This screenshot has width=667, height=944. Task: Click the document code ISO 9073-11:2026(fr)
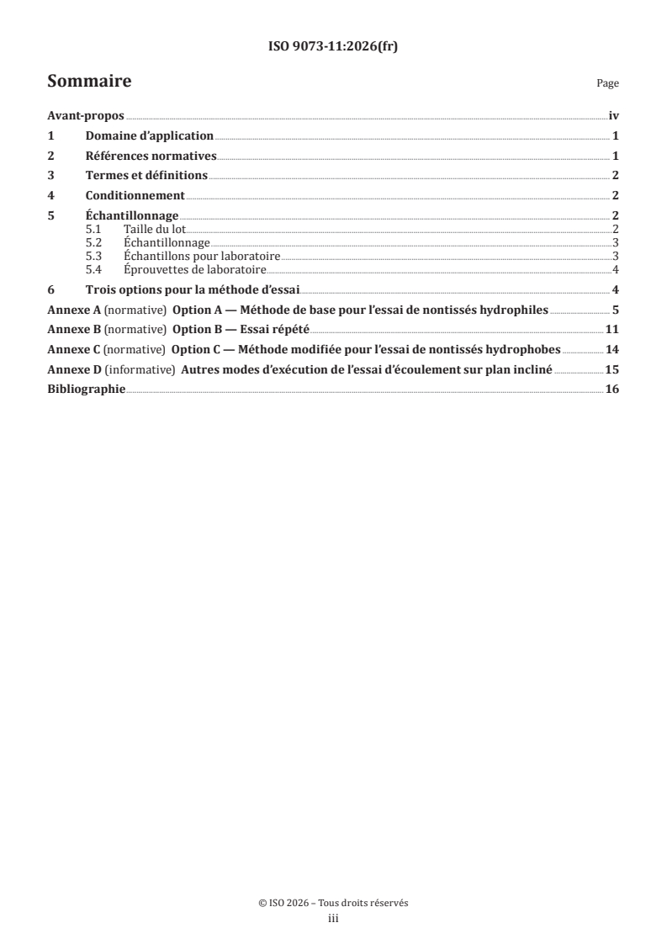pyautogui.click(x=333, y=47)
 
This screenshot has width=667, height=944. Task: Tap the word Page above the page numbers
pyautogui.click(x=607, y=84)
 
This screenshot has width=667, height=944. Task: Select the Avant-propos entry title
pyautogui.click(x=86, y=117)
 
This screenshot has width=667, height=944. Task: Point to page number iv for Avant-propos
pyautogui.click(x=614, y=117)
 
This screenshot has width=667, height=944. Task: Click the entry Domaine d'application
pyautogui.click(x=150, y=136)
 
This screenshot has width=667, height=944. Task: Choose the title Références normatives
pyautogui.click(x=151, y=156)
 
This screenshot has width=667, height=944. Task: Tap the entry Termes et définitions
pyautogui.click(x=146, y=176)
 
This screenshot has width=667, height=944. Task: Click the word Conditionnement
pyautogui.click(x=135, y=195)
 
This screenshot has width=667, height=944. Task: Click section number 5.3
pyautogui.click(x=94, y=256)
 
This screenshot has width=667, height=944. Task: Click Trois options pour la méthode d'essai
pyautogui.click(x=198, y=289)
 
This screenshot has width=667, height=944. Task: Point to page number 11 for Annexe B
pyautogui.click(x=613, y=329)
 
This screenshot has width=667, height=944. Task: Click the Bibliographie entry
pyautogui.click(x=87, y=390)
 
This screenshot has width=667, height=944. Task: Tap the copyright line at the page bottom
pyautogui.click(x=333, y=904)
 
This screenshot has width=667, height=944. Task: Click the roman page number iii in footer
pyautogui.click(x=333, y=919)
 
